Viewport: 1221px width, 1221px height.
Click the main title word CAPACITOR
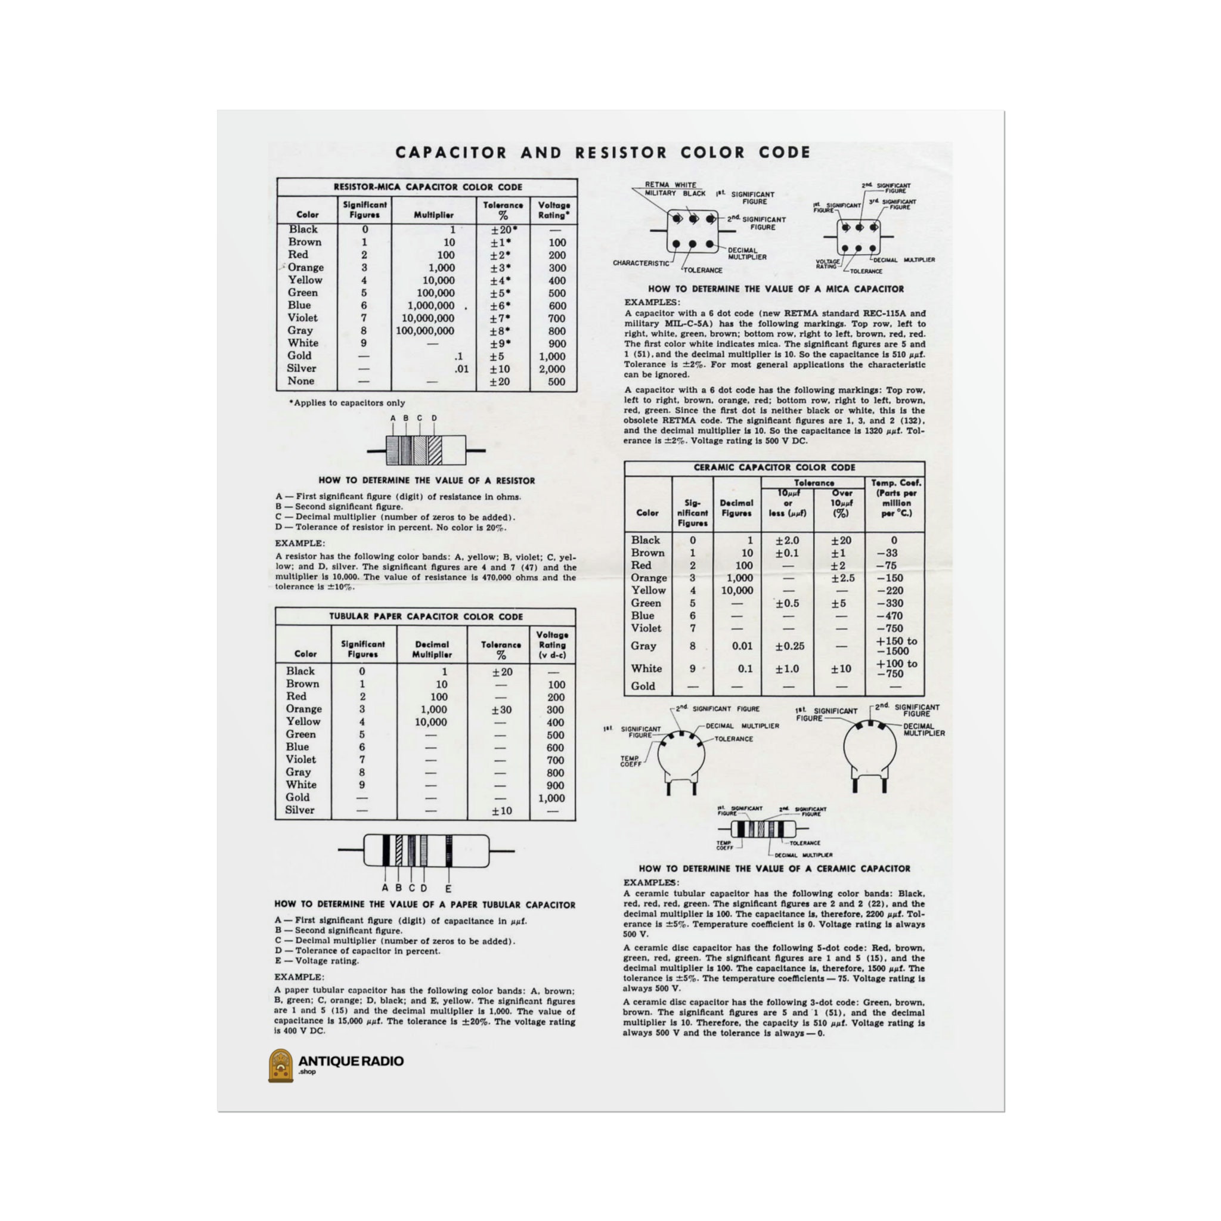click(451, 153)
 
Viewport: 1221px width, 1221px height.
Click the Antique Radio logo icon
click(281, 1065)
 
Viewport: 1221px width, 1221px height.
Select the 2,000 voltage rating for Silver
click(551, 369)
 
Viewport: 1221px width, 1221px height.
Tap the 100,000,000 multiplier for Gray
click(424, 331)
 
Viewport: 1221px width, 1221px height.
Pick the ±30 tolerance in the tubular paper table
click(501, 709)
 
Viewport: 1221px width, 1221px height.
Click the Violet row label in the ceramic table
click(645, 628)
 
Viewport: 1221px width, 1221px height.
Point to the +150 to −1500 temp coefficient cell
click(895, 646)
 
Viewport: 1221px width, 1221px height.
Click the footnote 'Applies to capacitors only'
click(347, 402)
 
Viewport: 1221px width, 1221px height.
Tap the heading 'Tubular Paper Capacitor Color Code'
click(425, 617)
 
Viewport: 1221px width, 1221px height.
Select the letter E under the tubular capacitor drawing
click(448, 888)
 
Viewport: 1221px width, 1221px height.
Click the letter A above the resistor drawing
click(392, 419)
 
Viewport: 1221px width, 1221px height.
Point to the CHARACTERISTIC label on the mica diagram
click(640, 263)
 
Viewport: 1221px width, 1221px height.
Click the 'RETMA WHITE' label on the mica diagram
click(670, 185)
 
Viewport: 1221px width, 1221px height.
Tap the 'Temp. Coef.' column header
click(895, 483)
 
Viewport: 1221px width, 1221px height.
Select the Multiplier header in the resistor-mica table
click(433, 215)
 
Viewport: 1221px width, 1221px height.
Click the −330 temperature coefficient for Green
click(890, 603)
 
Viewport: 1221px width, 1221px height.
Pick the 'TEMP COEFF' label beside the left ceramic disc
click(630, 761)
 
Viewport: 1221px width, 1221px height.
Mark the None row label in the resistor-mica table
click(300, 381)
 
